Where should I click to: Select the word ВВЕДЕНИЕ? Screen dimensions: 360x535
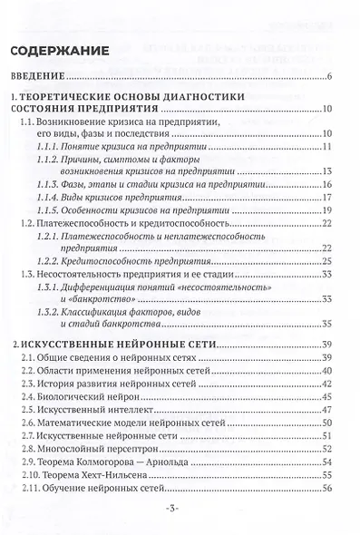tap(44, 77)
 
